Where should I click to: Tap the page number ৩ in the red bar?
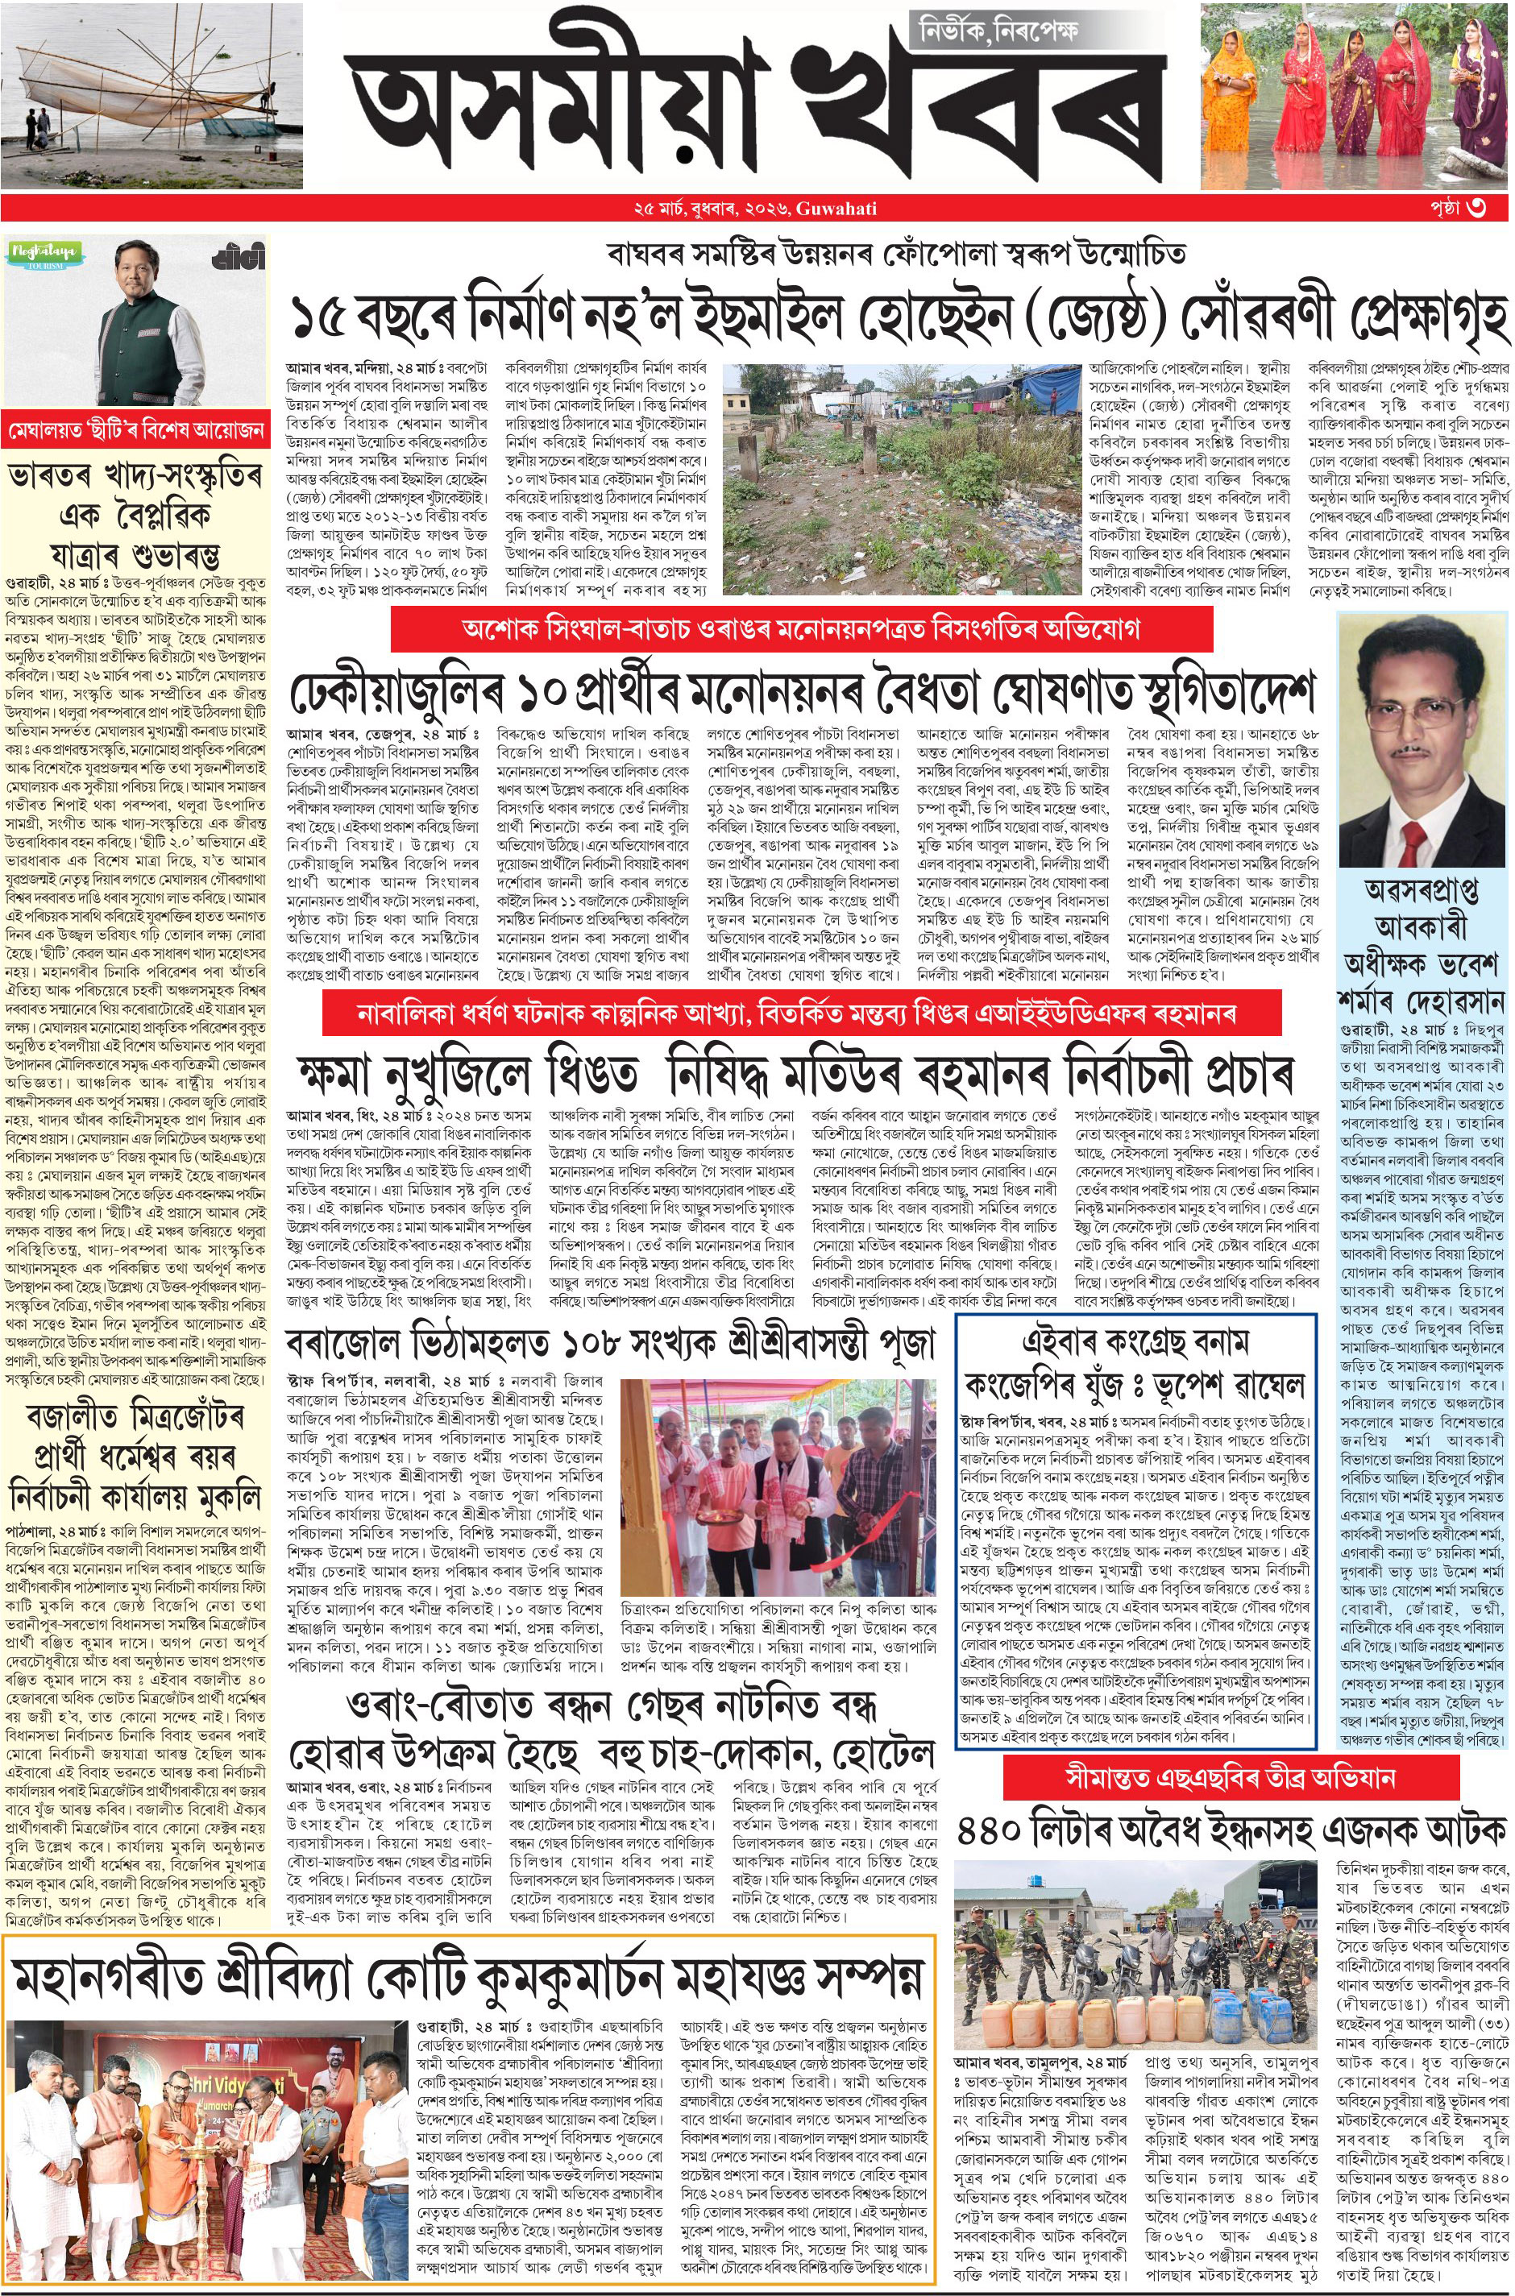pos(1477,208)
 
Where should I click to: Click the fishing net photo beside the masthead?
pos(151,95)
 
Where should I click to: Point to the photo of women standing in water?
pos(1355,95)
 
